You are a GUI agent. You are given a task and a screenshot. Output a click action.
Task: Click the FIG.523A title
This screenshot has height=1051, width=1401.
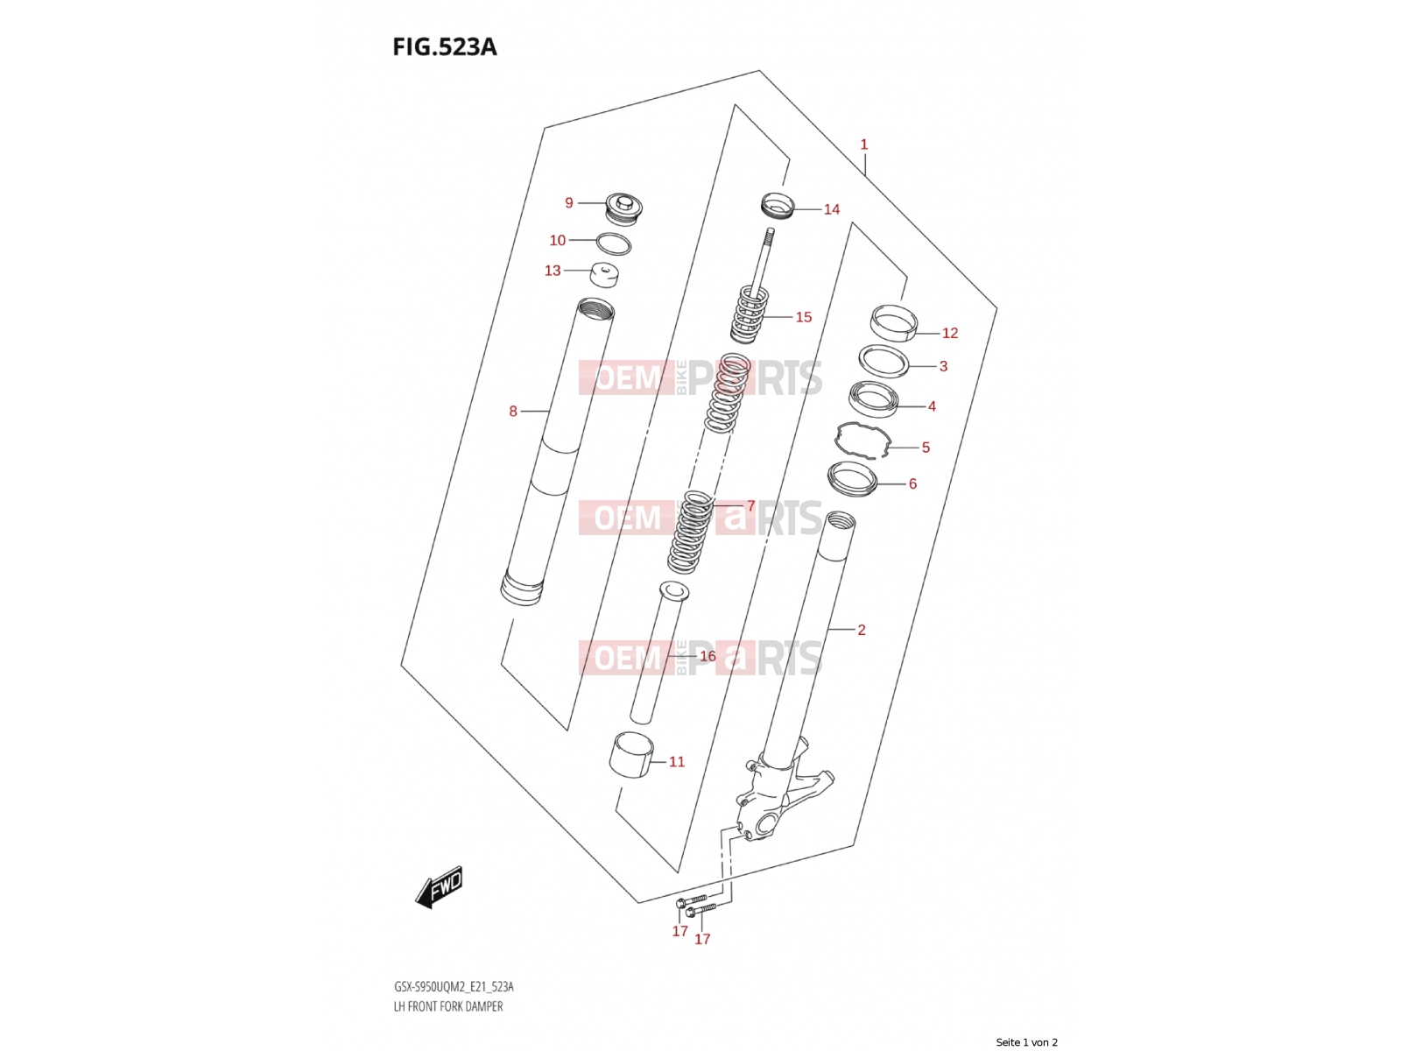444,47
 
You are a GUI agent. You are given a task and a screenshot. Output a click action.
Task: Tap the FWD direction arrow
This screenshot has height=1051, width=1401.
439,887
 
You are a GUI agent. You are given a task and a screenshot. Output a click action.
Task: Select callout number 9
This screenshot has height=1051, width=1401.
568,203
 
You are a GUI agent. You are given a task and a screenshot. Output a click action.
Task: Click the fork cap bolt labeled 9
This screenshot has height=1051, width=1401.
623,208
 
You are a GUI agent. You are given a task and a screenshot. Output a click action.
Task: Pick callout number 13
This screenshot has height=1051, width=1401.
553,271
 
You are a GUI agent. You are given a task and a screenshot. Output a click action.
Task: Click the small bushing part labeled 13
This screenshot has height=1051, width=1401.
604,275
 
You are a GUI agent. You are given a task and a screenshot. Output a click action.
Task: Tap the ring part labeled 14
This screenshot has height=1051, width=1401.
778,205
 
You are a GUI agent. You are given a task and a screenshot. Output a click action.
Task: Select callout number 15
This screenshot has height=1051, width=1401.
804,317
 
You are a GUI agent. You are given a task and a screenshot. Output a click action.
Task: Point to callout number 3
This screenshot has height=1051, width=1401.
943,366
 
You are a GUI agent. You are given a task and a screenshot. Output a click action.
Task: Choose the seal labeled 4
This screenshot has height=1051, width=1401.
873,399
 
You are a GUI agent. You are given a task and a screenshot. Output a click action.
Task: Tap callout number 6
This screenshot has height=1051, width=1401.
912,483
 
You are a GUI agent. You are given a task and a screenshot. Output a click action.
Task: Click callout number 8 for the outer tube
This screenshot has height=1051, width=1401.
513,412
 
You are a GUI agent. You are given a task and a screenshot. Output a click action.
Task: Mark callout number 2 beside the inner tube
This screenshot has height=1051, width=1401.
862,630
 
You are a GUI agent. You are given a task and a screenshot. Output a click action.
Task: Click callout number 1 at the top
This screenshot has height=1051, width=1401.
864,145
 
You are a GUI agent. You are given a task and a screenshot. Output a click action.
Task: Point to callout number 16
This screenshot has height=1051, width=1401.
708,656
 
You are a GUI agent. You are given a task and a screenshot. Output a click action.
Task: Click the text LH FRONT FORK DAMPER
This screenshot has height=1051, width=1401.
448,1006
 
